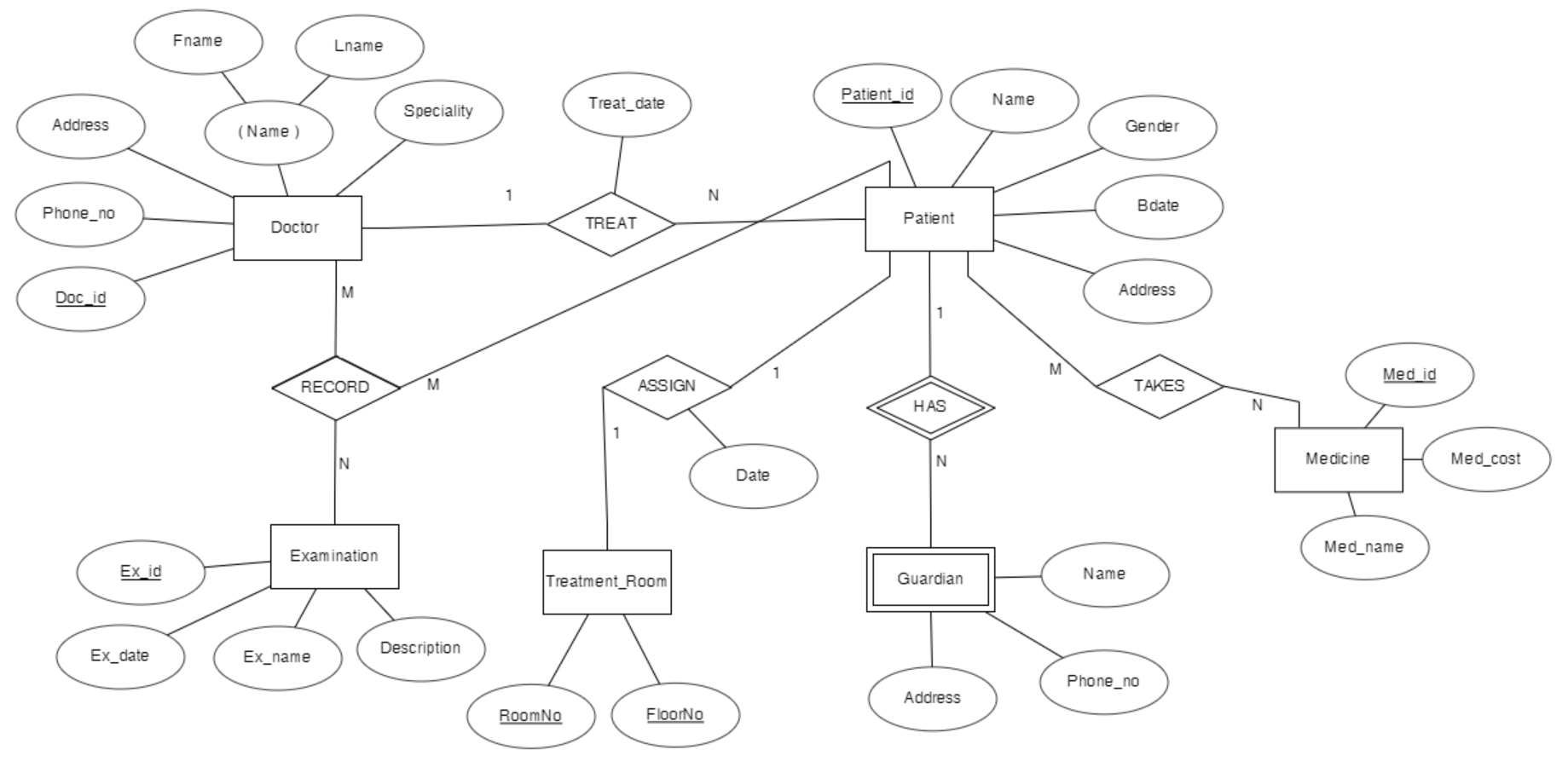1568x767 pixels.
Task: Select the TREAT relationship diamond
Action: tap(610, 223)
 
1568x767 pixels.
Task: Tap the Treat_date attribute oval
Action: tap(627, 104)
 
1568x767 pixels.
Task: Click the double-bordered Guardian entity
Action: tap(930, 580)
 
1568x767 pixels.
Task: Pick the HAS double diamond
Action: tap(930, 407)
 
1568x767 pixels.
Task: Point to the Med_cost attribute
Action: tap(1485, 459)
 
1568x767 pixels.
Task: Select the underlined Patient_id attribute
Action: tap(877, 95)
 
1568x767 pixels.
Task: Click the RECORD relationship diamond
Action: tap(335, 388)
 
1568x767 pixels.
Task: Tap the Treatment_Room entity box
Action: tap(606, 582)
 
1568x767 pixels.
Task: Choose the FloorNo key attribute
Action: tap(674, 715)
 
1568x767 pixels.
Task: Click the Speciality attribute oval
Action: tap(438, 112)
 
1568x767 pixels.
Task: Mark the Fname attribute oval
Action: tap(198, 41)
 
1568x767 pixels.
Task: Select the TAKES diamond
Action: tap(1159, 386)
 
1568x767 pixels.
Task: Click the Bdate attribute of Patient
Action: tap(1158, 206)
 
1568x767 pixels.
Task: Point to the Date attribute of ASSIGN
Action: tap(753, 476)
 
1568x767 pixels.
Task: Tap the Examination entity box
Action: tap(334, 557)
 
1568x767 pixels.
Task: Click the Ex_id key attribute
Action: tap(141, 572)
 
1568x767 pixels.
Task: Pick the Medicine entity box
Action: tap(1338, 459)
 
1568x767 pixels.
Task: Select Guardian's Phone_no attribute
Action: tap(1103, 681)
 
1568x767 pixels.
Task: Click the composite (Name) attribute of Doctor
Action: tap(269, 132)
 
